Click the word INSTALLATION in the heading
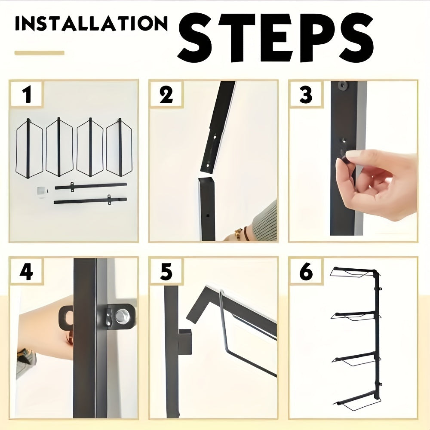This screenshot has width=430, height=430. tap(91, 24)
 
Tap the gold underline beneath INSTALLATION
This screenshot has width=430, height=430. tap(39, 53)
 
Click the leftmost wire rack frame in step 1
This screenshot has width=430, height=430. tap(29, 147)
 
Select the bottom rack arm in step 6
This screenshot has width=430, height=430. tap(357, 402)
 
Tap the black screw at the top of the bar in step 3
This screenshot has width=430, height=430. tap(342, 86)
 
